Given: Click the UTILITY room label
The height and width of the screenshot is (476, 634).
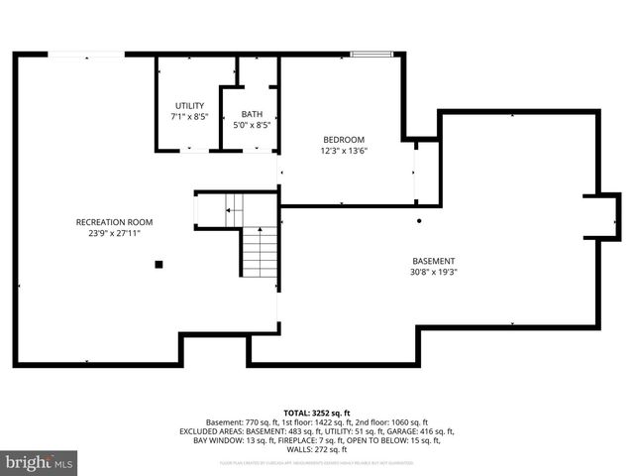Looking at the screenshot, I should click(x=189, y=105).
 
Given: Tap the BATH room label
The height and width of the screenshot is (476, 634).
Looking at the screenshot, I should click(x=252, y=114).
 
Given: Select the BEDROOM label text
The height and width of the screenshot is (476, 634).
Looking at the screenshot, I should click(x=344, y=139).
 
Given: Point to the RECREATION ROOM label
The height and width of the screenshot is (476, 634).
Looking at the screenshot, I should click(x=115, y=222).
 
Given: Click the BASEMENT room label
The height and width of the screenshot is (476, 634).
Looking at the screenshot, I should click(x=433, y=261).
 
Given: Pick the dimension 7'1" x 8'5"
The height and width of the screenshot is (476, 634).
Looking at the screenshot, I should click(x=189, y=116).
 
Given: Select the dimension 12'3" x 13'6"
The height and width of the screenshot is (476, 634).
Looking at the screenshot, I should click(x=344, y=151).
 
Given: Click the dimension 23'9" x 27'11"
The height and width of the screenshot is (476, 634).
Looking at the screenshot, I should click(x=115, y=233).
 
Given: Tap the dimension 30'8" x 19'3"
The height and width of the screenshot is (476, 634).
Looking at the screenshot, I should click(x=433, y=272).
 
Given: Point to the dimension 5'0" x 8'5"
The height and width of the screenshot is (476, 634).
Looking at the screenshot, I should click(x=252, y=125).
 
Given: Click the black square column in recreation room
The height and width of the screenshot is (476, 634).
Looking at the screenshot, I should click(x=158, y=264).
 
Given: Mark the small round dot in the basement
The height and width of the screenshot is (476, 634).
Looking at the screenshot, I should click(x=419, y=220).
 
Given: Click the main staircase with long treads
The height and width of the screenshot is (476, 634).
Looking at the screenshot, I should click(x=260, y=252).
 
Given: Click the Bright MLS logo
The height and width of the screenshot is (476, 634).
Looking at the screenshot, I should click(x=40, y=462).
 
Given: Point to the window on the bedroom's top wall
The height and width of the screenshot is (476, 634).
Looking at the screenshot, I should click(x=365, y=55).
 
